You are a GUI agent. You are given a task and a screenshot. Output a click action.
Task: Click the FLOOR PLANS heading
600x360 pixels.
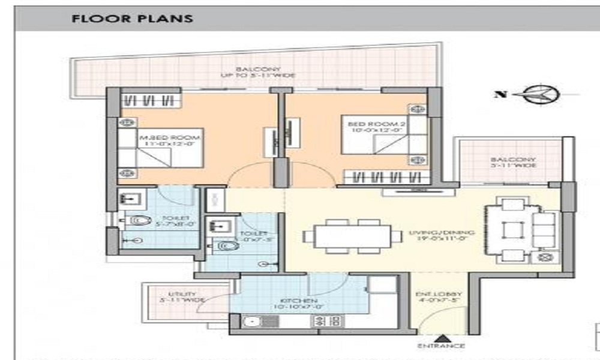pos(132,19)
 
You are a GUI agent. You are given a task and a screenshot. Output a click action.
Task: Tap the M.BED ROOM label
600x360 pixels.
pos(169,141)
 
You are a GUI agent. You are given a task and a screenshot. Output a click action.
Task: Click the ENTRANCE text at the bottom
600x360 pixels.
pos(441,346)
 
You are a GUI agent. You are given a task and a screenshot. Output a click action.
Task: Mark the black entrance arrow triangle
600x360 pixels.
pos(442,337)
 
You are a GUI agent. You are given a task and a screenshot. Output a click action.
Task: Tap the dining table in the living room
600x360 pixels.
pos(352,236)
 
